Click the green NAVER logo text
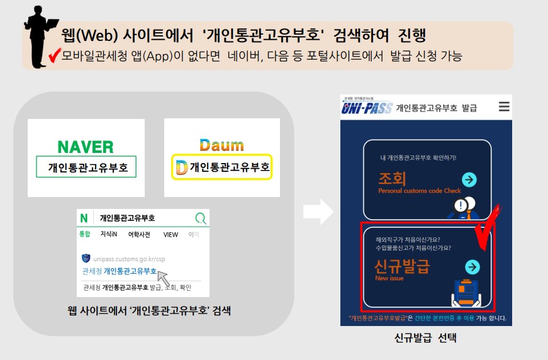86,147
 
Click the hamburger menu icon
504,107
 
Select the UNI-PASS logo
367,108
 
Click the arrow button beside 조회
469,180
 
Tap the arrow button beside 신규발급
472,267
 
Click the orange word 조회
392,178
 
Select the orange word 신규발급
401,266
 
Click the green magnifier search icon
201,218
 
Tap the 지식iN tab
109,234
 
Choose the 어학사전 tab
140,234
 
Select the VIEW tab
171,234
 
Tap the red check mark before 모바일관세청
53,57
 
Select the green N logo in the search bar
84,218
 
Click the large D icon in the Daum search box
181,167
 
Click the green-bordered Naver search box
86,167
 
